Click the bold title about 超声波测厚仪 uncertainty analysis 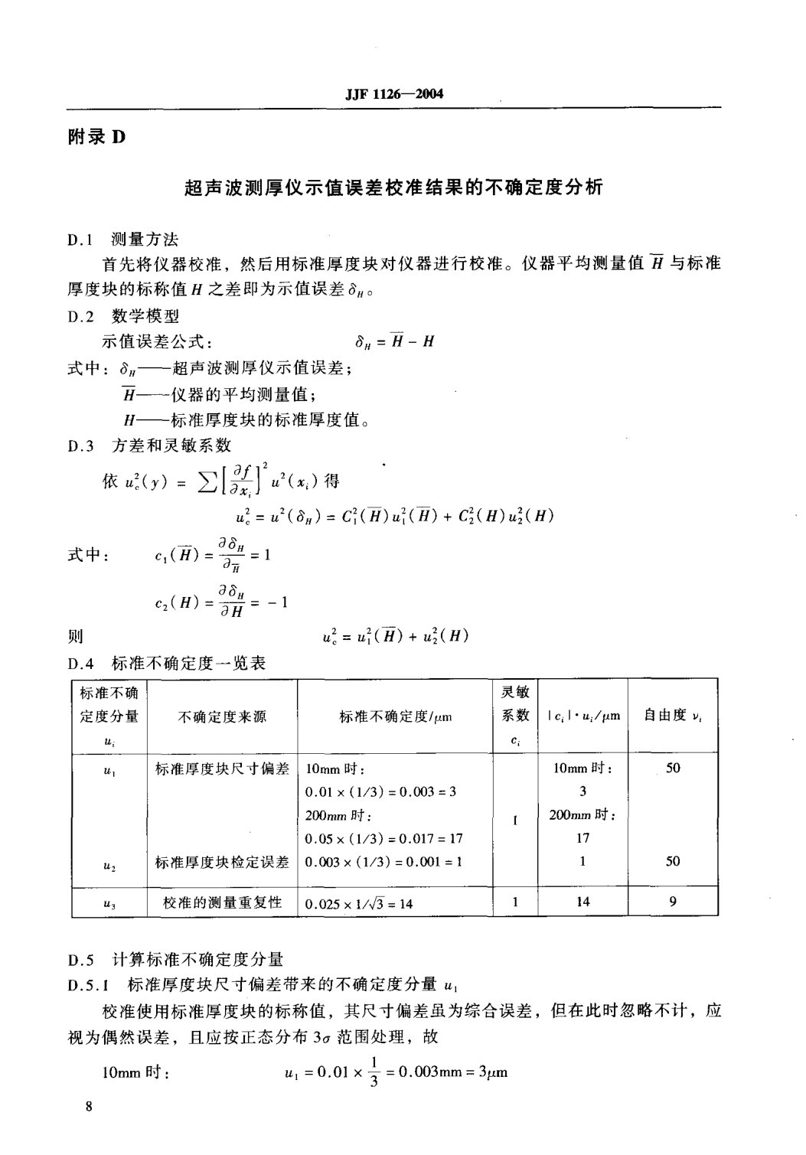[x=394, y=188]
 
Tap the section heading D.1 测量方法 [x=122, y=240]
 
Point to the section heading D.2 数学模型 [x=122, y=315]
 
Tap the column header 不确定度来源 [x=222, y=717]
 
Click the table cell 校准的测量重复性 [x=222, y=902]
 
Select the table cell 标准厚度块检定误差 [x=222, y=862]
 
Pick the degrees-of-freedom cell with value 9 [x=673, y=902]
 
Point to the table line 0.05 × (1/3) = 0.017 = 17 [x=383, y=838]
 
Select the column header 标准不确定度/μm [x=395, y=717]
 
